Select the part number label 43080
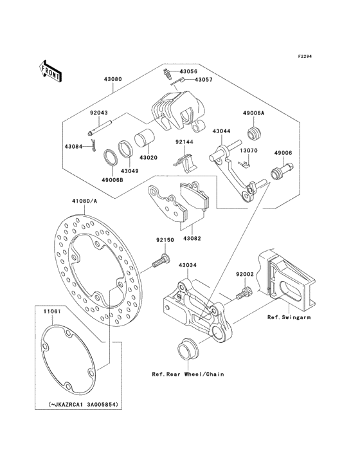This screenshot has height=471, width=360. click(x=113, y=80)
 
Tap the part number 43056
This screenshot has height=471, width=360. click(x=189, y=71)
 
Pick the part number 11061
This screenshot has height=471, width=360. click(x=52, y=311)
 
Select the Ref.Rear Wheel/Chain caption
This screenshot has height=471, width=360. click(x=188, y=374)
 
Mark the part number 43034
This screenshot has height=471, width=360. click(x=187, y=264)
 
